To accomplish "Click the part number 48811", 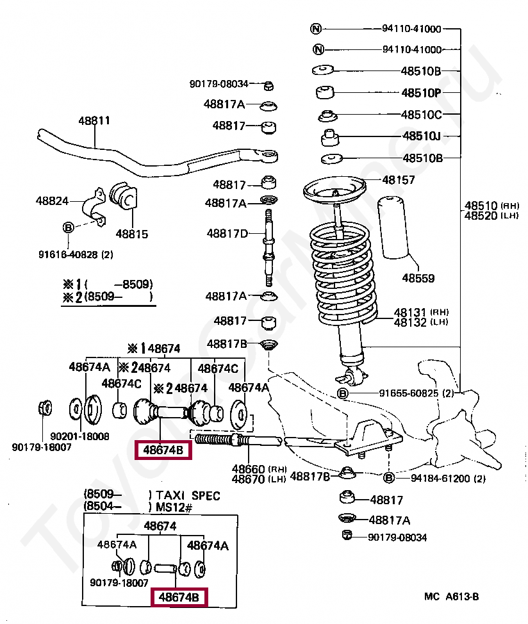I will pyautogui.click(x=94, y=120).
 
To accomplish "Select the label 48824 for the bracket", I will pyautogui.click(x=52, y=201).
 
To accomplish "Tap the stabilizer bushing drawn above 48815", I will pyautogui.click(x=124, y=197).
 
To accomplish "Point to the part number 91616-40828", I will pyautogui.click(x=75, y=254).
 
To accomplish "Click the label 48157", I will pyautogui.click(x=399, y=181).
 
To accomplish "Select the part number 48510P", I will pyautogui.click(x=421, y=93).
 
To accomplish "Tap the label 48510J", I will pyautogui.click(x=422, y=136).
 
